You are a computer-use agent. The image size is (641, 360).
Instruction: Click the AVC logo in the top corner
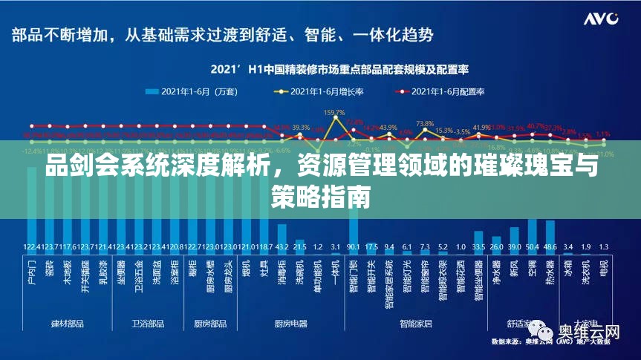(600, 19)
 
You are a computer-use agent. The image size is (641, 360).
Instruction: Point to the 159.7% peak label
(335, 112)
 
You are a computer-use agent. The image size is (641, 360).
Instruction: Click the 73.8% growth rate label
(425, 124)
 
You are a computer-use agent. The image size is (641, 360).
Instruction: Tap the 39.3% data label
(300, 128)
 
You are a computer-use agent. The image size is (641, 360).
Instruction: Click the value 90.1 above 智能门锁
(353, 246)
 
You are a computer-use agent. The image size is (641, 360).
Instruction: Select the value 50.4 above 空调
(532, 246)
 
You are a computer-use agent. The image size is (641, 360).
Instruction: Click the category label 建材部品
(67, 324)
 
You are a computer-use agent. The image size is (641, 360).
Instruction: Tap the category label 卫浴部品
(147, 324)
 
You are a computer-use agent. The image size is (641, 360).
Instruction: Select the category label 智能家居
(416, 324)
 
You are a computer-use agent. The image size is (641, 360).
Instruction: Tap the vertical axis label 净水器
(496, 272)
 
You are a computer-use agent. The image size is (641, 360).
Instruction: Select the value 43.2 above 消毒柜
(282, 246)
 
